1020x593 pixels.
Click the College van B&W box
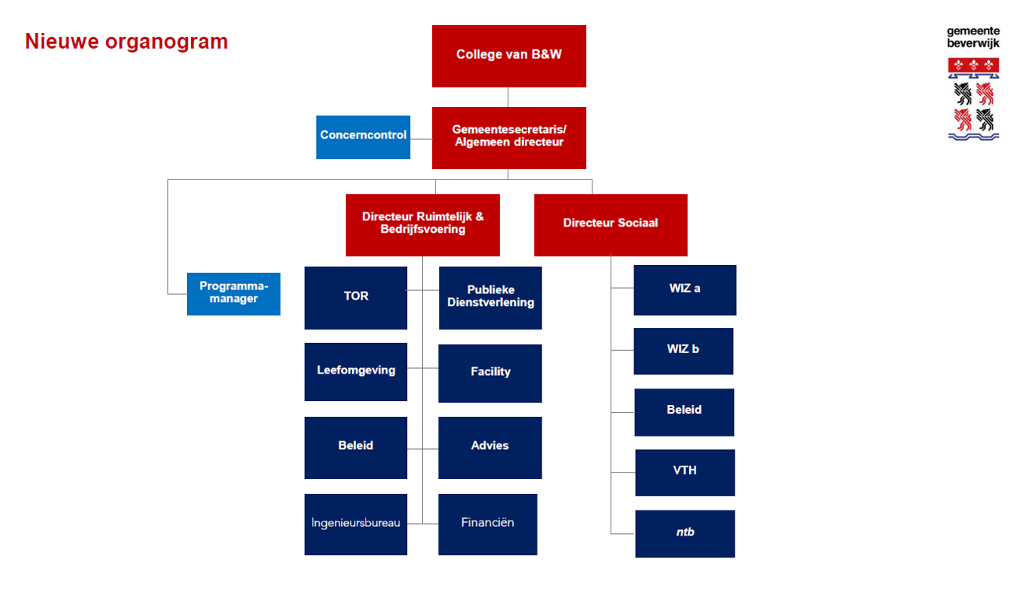point(509,56)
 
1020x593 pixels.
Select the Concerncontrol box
point(363,137)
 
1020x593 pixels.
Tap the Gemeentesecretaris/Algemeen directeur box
point(509,138)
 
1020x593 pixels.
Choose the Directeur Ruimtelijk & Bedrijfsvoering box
point(423,225)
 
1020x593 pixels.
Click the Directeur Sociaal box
point(611,225)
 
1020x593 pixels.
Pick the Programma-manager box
point(233,294)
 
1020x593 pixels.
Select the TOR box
point(356,298)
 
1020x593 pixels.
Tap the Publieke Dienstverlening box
point(490,298)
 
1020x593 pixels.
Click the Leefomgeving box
point(356,372)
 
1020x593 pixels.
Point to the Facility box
point(490,374)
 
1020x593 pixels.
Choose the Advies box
point(490,448)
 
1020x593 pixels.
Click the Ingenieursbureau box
point(356,524)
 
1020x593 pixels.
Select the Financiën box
point(488,524)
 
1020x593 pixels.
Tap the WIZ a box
point(685,290)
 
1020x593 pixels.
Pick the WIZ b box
point(684,351)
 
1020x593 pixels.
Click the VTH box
point(685,473)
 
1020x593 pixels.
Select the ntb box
point(685,534)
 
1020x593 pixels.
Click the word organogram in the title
point(167,42)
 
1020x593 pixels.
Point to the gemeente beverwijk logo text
point(973,37)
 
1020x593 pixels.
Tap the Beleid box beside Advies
point(356,448)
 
